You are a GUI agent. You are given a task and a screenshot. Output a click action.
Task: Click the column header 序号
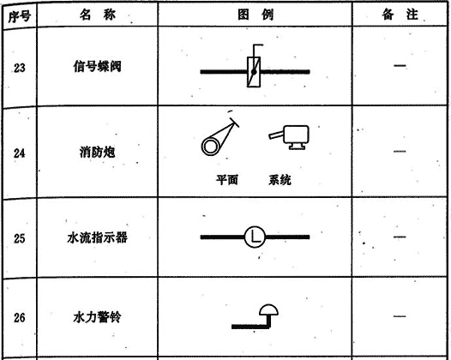point(19,16)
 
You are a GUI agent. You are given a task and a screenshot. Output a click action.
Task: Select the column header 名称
point(98,15)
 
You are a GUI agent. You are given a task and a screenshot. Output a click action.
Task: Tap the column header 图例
point(256,15)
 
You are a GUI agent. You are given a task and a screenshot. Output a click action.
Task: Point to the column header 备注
point(400,15)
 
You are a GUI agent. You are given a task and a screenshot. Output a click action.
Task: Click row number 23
point(19,68)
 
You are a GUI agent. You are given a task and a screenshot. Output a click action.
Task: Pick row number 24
point(19,153)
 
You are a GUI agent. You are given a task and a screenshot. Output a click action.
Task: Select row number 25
point(19,238)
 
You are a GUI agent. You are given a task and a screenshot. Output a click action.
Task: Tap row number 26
point(19,317)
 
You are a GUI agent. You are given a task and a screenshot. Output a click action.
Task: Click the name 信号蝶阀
point(97,66)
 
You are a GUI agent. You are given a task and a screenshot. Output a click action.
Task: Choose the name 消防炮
point(97,152)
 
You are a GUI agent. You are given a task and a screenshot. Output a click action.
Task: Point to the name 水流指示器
point(97,237)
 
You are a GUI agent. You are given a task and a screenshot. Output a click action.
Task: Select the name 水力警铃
point(97,317)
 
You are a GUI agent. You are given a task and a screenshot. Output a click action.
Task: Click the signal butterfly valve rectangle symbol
point(254,72)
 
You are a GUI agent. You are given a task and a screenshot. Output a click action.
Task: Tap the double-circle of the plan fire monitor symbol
point(210,147)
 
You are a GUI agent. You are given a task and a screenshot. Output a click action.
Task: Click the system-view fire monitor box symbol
point(297,135)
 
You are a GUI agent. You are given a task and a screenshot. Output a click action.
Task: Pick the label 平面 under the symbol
point(227,180)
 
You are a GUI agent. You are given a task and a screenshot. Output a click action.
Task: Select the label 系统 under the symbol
point(280,180)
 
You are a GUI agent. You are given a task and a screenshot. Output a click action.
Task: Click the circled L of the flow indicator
point(255,237)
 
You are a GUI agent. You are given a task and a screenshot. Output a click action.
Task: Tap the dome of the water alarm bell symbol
point(268,310)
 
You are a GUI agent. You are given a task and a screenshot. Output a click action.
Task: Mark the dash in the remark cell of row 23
point(400,66)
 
